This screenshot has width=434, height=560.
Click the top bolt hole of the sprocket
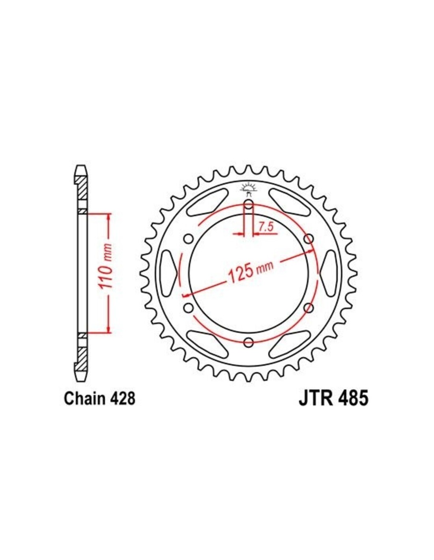click(x=249, y=205)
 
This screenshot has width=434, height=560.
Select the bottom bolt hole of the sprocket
click(x=249, y=342)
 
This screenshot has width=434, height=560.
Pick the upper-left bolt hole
click(x=189, y=239)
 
